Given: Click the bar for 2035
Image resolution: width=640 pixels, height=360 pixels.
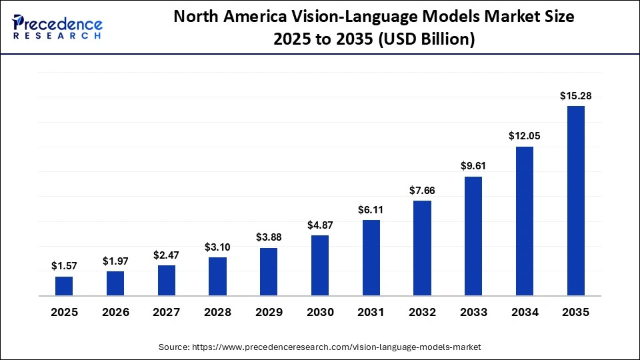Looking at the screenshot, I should (x=575, y=201).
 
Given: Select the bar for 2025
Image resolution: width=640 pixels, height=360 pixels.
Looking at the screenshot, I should (x=64, y=286).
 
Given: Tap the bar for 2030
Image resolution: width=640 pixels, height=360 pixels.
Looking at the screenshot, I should (x=320, y=265).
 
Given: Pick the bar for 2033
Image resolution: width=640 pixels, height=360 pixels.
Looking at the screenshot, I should (x=473, y=236).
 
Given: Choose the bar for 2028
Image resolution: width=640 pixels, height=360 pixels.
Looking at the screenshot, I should (x=217, y=277).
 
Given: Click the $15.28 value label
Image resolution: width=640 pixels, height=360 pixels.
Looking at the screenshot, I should (x=575, y=97).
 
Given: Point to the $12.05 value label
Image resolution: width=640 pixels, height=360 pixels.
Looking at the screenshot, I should (x=525, y=136).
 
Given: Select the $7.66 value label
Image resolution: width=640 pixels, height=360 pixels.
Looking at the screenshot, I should (x=422, y=190).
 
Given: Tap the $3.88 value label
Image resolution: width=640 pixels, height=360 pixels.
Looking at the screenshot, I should (x=269, y=237).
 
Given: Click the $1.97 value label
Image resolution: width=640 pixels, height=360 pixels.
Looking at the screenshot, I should (x=115, y=261).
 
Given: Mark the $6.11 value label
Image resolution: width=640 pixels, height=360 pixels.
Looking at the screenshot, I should (x=371, y=209).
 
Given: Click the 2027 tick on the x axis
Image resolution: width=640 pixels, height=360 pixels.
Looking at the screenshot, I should (x=166, y=312).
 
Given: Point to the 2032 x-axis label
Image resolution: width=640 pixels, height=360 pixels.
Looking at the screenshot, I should (x=422, y=312).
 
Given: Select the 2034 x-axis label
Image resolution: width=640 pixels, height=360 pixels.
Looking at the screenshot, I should (x=525, y=312).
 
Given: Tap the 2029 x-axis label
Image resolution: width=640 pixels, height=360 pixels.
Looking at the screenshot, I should (x=269, y=312).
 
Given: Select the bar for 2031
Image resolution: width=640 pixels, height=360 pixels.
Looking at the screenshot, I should (x=371, y=258).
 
